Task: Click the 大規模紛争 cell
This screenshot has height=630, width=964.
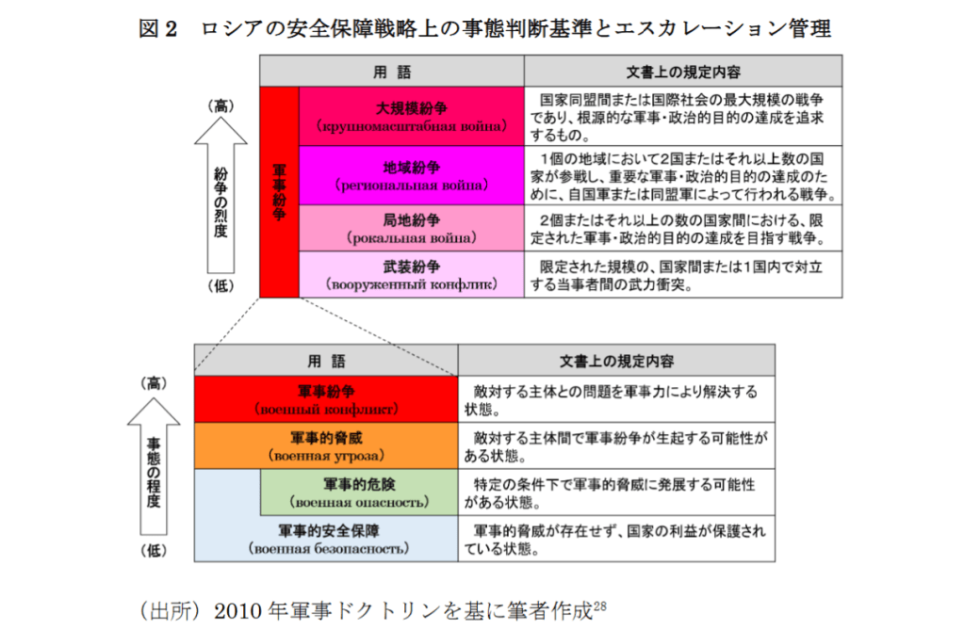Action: (411, 116)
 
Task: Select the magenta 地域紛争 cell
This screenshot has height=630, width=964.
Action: (411, 175)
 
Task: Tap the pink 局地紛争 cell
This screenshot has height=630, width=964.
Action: (411, 228)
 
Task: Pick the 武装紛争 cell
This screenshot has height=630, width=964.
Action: (411, 274)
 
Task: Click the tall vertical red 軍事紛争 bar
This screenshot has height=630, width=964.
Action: (279, 192)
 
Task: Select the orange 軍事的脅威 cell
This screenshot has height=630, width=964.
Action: (326, 446)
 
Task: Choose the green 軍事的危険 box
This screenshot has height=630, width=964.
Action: (358, 493)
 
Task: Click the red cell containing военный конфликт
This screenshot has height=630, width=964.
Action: (326, 399)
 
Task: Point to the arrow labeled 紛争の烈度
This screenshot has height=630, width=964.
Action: (221, 198)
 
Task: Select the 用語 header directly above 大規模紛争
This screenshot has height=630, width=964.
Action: (392, 71)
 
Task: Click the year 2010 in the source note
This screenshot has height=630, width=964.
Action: (239, 610)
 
